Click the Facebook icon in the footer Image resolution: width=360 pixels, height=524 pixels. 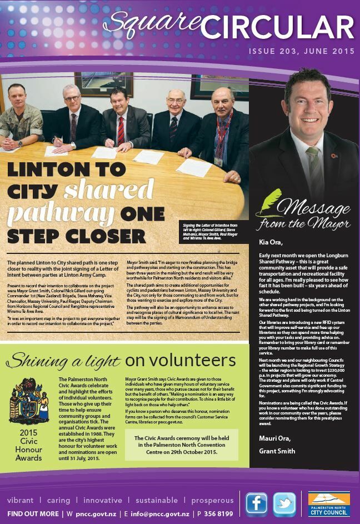257,504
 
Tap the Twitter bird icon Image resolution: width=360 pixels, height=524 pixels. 284,504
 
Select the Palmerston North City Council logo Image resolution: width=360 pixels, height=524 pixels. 329,504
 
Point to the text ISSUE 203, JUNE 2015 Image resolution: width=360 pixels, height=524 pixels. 301,52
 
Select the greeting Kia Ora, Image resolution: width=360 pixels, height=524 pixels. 271,242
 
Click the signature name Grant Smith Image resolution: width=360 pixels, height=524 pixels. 277,451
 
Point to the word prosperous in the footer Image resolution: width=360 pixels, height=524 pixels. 212,500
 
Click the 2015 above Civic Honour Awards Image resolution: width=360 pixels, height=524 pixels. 29,432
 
